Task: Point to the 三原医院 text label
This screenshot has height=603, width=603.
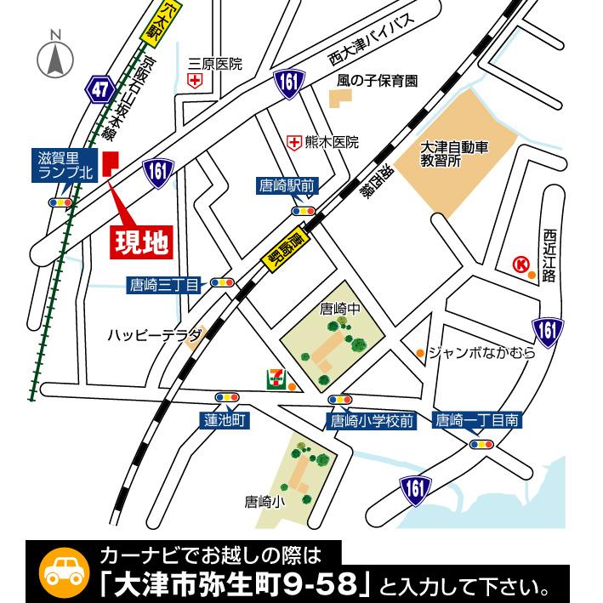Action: coord(216,64)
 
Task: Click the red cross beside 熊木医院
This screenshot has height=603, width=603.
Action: coord(294,143)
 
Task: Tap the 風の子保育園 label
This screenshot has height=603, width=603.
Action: coord(378,82)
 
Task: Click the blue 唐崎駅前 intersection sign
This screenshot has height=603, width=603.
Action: coord(287,185)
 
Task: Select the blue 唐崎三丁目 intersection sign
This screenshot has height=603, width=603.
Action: coord(164,284)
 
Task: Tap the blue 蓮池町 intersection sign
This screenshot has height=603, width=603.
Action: coord(225,419)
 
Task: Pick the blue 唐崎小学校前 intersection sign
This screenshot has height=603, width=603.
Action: coord(373,419)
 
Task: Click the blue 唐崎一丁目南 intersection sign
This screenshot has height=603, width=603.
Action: coord(477,419)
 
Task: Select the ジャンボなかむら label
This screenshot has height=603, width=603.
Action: coord(481,351)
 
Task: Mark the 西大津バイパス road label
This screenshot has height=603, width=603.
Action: coord(373,49)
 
